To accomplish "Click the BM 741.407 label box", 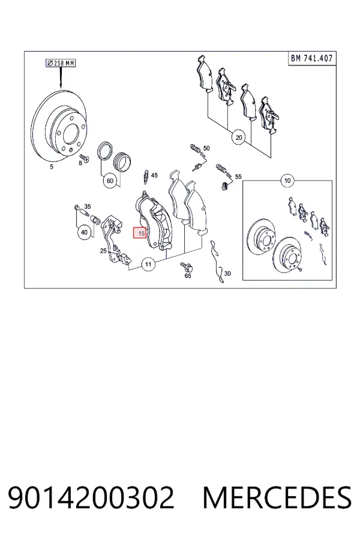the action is tap(311, 59).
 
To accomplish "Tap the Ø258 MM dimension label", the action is tap(61, 63).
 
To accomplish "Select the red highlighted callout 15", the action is tap(140, 233).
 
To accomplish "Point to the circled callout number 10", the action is tap(287, 180).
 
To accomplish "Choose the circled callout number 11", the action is tap(148, 264).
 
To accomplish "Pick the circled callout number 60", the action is tap(110, 181).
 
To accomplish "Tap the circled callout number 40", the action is tap(85, 232).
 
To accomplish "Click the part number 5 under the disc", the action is tap(52, 167).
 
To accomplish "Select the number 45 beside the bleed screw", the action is tap(154, 175).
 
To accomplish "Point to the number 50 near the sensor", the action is tap(206, 148).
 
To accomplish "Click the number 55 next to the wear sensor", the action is tap(238, 176).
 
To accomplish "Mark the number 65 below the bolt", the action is tap(188, 276).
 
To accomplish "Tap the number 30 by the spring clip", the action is tap(227, 274).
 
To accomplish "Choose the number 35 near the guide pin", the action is tap(88, 206).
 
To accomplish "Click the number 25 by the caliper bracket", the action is tap(103, 251).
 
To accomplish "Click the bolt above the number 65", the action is tap(187, 266).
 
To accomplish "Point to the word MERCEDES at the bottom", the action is tap(277, 497).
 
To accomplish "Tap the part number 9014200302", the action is tap(91, 497).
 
